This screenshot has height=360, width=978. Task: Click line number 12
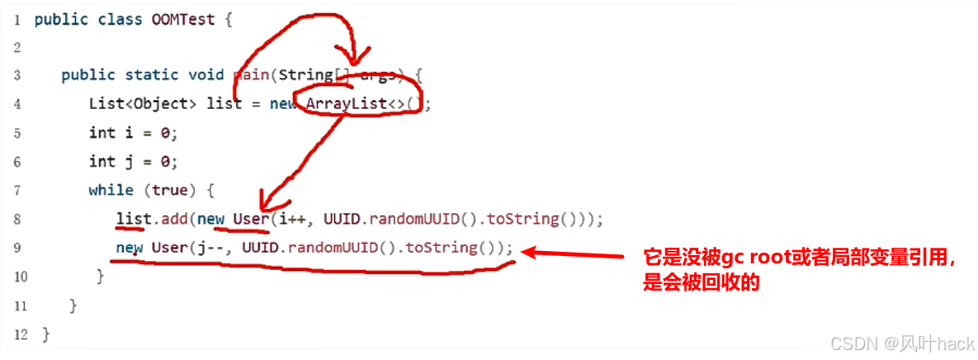coord(20,334)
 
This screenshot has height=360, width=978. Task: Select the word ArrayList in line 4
coord(343,104)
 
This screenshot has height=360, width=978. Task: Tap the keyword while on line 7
coord(111,190)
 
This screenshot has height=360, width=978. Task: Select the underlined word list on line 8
coord(131,220)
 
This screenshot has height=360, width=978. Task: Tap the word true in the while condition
coord(169,190)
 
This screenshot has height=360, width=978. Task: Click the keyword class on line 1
coord(101,19)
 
